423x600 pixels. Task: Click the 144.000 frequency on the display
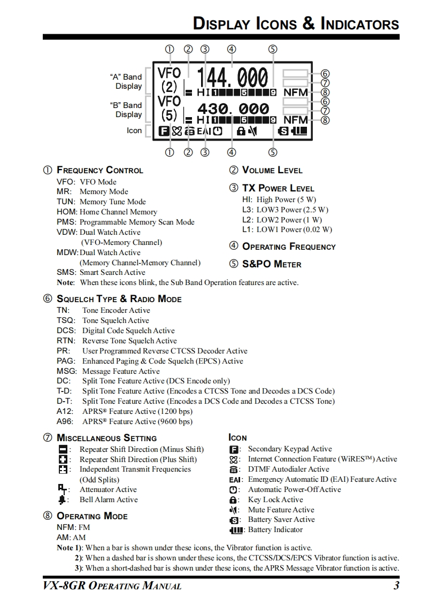[233, 78]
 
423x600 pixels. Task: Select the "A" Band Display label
[126, 81]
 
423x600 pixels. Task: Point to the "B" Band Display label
[126, 110]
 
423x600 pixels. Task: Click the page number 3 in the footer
[396, 586]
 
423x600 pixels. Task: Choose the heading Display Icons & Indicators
[296, 24]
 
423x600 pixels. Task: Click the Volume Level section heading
[272, 170]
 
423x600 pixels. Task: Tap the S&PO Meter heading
[272, 264]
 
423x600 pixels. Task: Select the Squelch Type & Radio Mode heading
[119, 299]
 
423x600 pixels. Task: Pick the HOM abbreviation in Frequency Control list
[67, 212]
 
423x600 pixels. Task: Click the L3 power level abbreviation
[248, 210]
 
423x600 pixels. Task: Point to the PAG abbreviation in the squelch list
[66, 361]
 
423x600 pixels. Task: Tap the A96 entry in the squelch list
[65, 421]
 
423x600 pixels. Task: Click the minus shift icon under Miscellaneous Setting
[63, 450]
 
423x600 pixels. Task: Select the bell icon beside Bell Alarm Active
[63, 500]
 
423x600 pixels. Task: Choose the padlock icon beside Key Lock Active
[233, 500]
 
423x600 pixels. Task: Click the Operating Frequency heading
[289, 247]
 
